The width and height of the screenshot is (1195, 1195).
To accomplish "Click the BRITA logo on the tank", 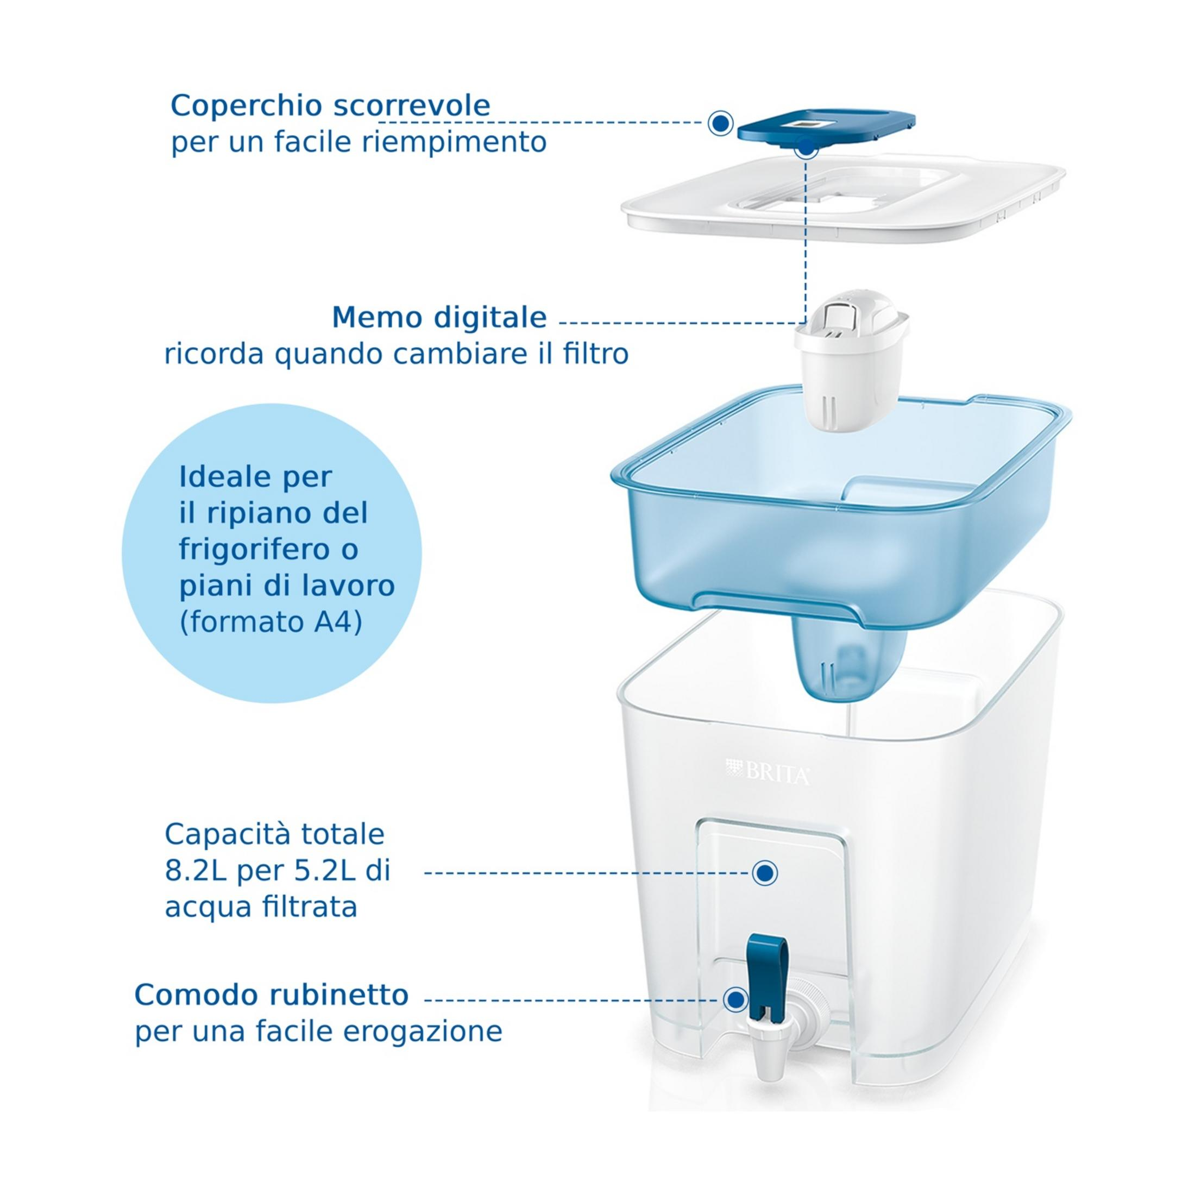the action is coord(768,773).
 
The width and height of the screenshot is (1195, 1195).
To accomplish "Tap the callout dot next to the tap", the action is coord(735,999).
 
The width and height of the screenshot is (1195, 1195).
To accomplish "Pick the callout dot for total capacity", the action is coord(765,873).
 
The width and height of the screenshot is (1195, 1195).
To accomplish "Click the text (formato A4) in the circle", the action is coord(271,622).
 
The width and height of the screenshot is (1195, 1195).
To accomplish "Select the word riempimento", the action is coord(454,143).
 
